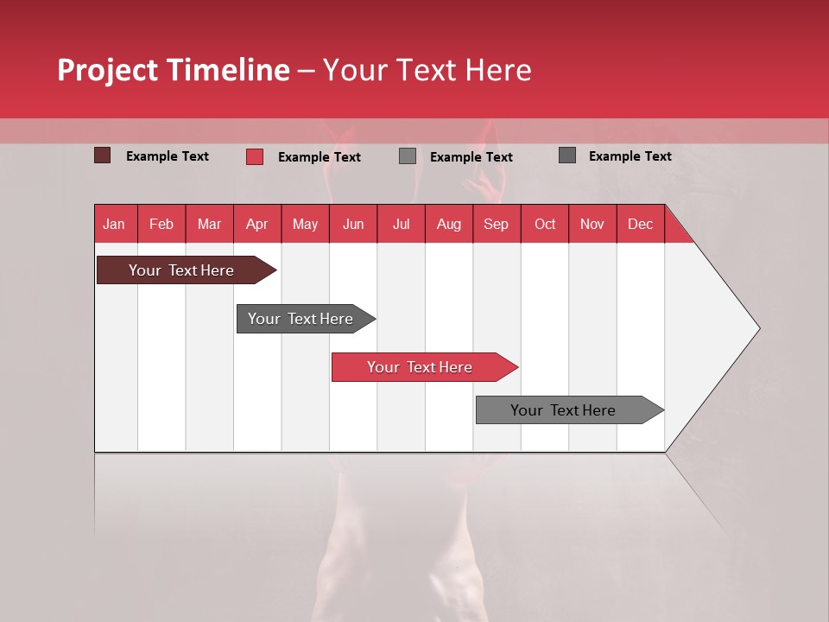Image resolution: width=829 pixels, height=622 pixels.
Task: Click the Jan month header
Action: click(x=114, y=224)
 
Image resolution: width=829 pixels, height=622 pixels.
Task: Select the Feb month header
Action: click(x=161, y=224)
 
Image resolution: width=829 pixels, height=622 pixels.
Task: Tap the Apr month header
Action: click(x=256, y=224)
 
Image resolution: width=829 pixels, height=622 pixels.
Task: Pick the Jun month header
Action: click(x=353, y=224)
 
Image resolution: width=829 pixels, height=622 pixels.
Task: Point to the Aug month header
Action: click(x=448, y=224)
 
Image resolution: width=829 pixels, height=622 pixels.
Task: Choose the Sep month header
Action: click(x=496, y=224)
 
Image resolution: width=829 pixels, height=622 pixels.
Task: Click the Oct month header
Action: click(x=545, y=224)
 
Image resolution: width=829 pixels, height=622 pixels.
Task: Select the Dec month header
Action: click(x=640, y=224)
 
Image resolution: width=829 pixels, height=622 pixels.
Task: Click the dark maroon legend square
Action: click(x=102, y=155)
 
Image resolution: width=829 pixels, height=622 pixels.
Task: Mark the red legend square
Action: click(x=254, y=156)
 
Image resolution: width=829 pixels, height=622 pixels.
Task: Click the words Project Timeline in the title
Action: click(x=173, y=70)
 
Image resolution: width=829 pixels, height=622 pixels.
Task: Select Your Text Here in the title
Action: click(x=427, y=70)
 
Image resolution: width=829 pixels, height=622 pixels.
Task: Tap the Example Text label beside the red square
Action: click(x=320, y=157)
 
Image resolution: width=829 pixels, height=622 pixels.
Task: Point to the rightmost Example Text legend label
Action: click(x=630, y=156)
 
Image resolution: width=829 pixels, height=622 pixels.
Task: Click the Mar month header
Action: click(x=209, y=224)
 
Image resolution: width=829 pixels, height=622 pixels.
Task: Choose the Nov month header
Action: click(x=592, y=224)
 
